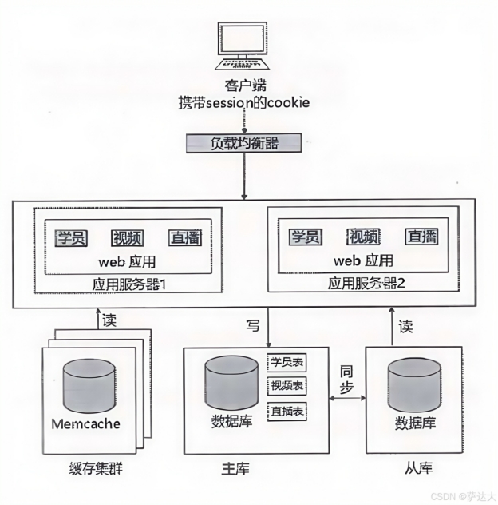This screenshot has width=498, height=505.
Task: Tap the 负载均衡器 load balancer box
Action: pos(243,143)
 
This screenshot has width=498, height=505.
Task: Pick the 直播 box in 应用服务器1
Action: pos(184,237)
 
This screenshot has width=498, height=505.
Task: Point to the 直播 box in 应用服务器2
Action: pos(421,237)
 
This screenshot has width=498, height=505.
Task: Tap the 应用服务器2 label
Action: pos(367,284)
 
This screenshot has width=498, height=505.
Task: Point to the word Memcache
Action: pos(85,423)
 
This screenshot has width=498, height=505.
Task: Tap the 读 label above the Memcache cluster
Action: pos(109,321)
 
